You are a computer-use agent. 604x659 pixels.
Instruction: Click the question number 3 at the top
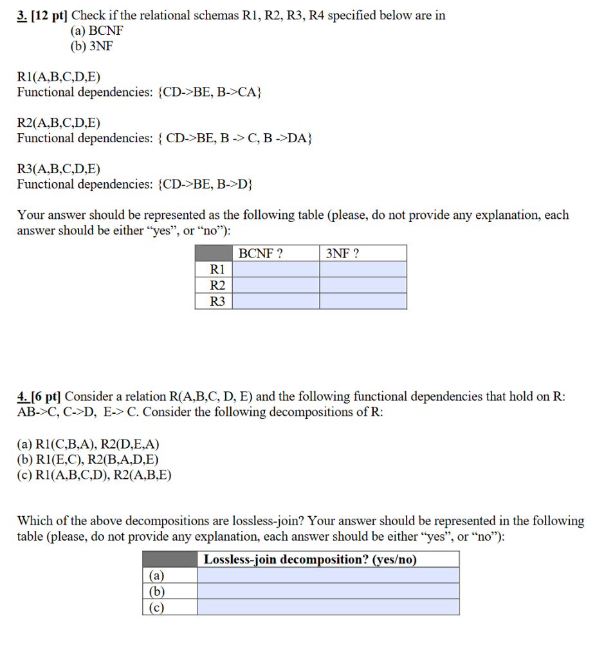tap(21, 16)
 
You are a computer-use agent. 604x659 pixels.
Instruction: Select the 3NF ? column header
tap(342, 254)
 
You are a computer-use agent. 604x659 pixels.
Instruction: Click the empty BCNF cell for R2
tap(275, 285)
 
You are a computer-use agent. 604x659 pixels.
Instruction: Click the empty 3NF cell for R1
tap(363, 269)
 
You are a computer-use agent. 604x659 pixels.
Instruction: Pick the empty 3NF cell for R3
tap(363, 301)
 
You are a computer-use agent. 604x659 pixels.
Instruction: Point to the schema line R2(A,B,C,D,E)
tap(59, 124)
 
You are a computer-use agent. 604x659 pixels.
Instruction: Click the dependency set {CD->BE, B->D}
tap(205, 185)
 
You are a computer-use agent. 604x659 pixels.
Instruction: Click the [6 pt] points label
tap(47, 396)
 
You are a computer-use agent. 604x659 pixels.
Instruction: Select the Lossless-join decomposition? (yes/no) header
tap(310, 559)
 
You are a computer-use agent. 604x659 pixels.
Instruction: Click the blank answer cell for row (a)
tap(328, 575)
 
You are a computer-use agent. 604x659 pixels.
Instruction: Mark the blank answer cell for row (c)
tap(328, 607)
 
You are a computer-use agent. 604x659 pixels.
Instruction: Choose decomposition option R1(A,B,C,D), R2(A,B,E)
tap(94, 476)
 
